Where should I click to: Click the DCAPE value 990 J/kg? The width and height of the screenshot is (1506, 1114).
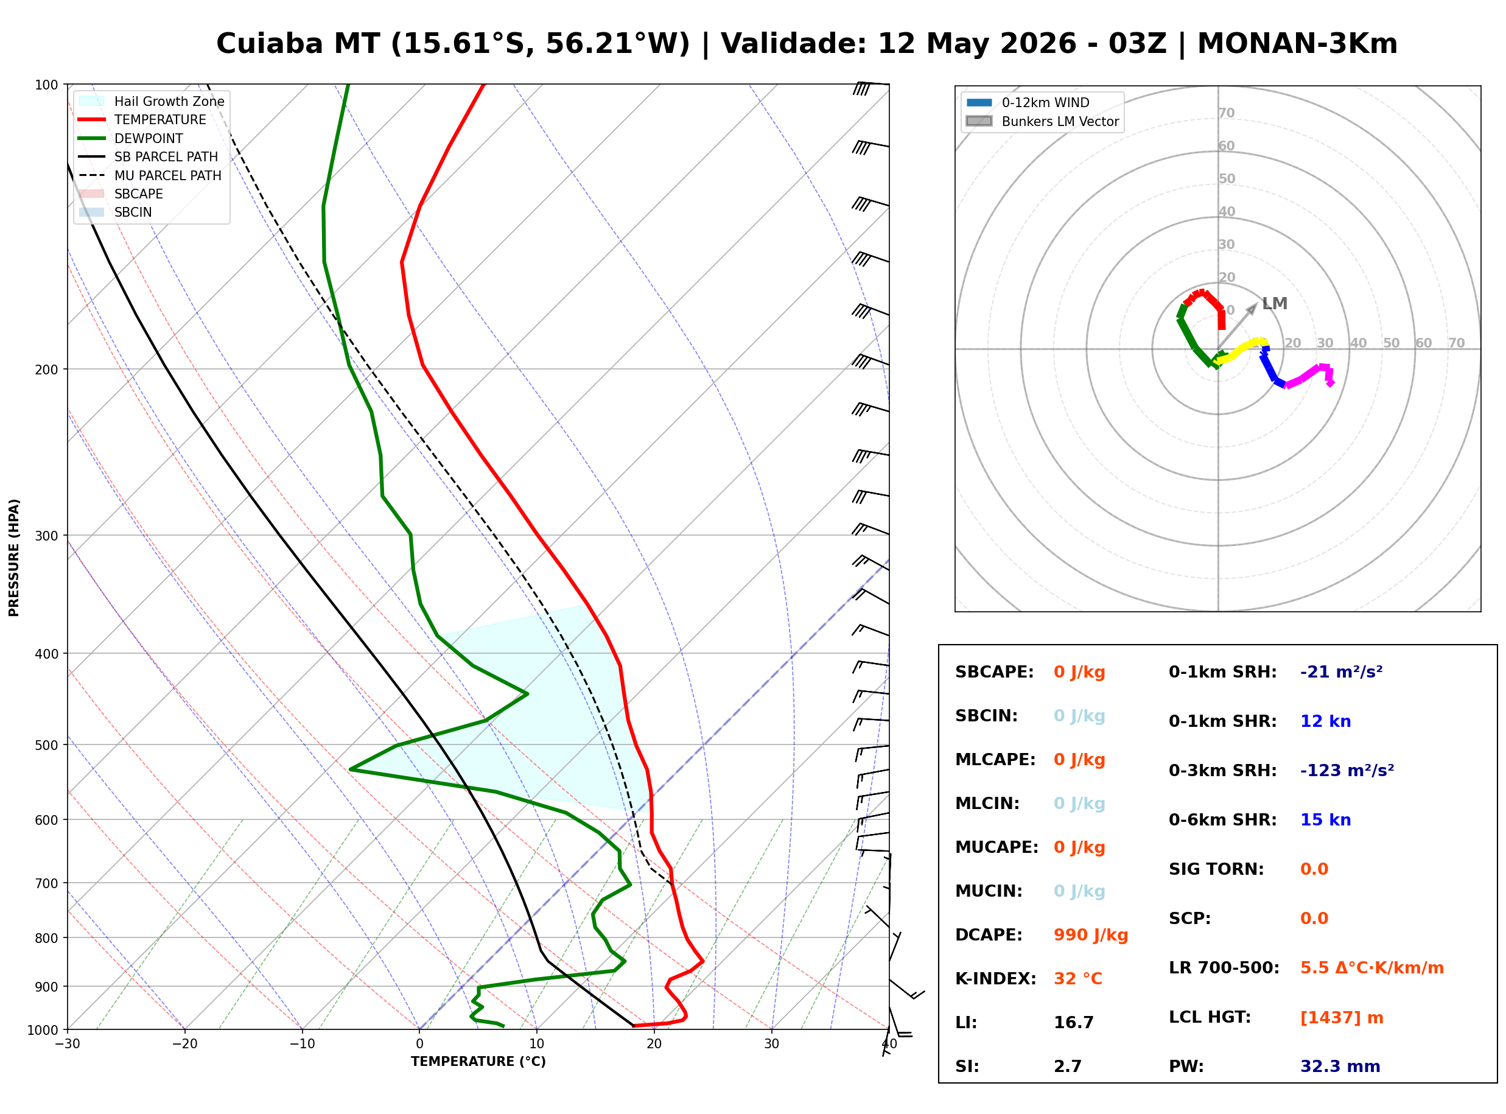[1090, 934]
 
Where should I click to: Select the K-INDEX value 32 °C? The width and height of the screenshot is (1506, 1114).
[1078, 978]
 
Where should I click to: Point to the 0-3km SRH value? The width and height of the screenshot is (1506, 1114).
[1347, 770]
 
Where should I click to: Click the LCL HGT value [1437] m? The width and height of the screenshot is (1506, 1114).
[1342, 1018]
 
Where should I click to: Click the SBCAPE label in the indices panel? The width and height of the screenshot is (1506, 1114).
[994, 671]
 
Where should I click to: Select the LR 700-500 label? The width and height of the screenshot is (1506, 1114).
[1224, 968]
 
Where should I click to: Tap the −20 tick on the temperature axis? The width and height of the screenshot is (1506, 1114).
[184, 1044]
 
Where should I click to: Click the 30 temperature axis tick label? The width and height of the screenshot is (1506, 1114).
[771, 1044]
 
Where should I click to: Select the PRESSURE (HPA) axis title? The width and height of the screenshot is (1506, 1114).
[14, 558]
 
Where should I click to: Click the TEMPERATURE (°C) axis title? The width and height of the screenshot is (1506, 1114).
[478, 1062]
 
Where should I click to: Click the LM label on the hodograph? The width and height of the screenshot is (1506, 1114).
[1275, 303]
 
